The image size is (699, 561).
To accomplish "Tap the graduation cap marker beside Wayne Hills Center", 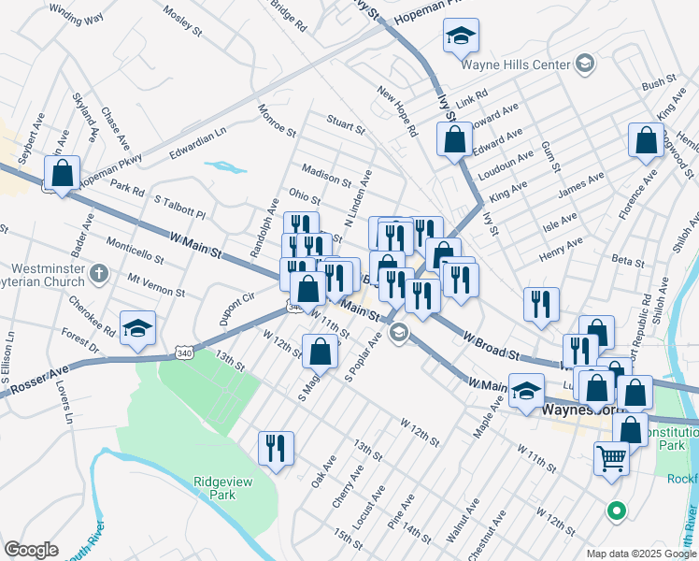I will coord(460,36).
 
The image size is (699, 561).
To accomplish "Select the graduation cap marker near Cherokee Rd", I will coord(138,329).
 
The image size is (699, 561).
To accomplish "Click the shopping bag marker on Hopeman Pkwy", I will coord(62,174).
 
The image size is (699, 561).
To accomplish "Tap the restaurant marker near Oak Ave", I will coord(276,448).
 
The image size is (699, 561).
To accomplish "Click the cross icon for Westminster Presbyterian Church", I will coord(102,276).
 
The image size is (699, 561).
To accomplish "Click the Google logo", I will coord(31,550).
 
